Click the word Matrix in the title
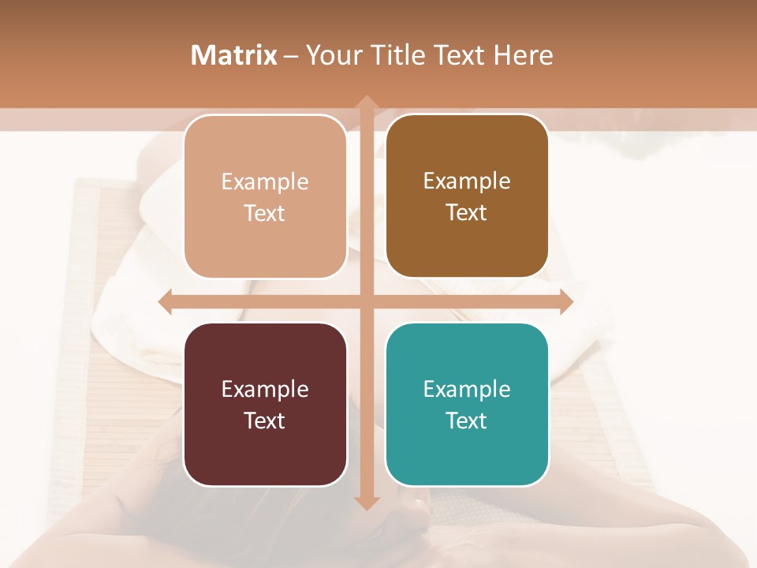(233, 55)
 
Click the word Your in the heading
(331, 55)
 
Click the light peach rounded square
(265, 196)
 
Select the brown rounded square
(467, 196)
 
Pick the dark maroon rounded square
(265, 404)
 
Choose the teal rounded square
(467, 404)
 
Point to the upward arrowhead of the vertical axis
(366, 103)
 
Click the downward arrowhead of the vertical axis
(366, 503)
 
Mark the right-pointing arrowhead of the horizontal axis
(566, 301)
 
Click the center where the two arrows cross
(366, 301)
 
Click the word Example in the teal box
(467, 389)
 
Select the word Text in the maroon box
(265, 420)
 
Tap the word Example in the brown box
(467, 181)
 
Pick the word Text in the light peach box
(265, 213)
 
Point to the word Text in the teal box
(467, 420)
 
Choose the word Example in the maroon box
(265, 389)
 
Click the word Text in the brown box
(467, 212)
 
